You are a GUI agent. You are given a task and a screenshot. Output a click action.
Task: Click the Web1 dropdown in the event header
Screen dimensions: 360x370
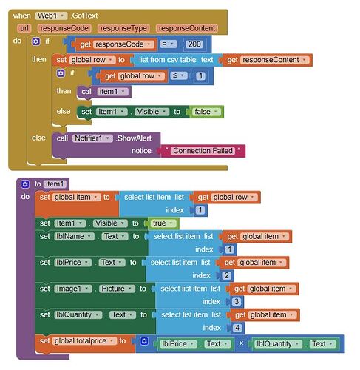click(x=51, y=16)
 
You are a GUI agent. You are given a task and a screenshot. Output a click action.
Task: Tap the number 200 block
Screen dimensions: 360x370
click(x=194, y=44)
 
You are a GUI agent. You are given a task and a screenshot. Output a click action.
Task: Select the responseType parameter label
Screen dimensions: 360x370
click(x=123, y=28)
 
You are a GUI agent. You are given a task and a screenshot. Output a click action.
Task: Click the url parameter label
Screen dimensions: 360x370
click(x=24, y=28)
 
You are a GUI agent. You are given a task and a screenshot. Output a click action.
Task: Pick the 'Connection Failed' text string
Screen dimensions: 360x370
click(x=203, y=151)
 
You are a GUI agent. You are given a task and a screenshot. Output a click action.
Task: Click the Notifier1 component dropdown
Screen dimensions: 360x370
click(x=92, y=138)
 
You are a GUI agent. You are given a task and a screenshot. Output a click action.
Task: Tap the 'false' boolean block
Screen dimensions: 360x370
click(x=206, y=112)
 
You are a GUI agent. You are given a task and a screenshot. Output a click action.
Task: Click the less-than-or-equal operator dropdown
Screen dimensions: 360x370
click(x=178, y=75)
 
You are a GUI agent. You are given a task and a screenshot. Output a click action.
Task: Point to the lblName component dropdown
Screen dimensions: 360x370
click(x=74, y=236)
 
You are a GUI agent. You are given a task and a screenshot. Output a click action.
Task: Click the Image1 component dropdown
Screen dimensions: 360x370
click(x=73, y=289)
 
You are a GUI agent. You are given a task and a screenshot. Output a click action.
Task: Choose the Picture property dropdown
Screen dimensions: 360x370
click(x=117, y=289)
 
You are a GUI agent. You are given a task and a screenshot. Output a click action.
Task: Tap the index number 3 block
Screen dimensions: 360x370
click(x=237, y=301)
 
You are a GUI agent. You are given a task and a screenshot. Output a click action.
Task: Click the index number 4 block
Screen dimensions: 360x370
click(x=237, y=328)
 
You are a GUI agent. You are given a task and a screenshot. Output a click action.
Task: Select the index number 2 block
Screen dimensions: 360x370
click(x=227, y=275)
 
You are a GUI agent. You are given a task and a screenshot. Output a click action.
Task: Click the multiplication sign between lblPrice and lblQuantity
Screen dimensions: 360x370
click(x=241, y=343)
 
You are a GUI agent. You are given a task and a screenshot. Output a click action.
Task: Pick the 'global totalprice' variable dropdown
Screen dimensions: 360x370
click(x=84, y=341)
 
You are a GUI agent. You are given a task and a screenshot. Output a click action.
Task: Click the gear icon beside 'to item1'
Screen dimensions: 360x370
click(x=25, y=184)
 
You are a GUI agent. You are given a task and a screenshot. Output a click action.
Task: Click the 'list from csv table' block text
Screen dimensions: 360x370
click(x=168, y=60)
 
